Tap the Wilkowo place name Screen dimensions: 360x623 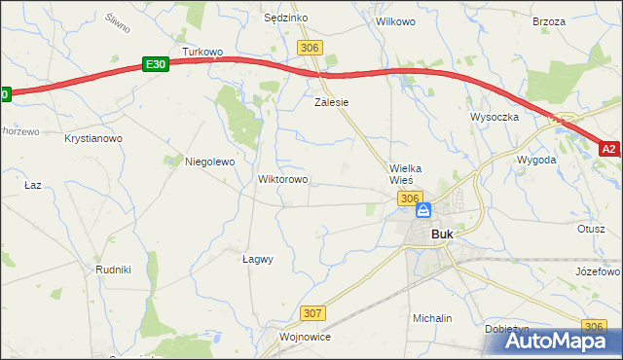pyautogui.click(x=395, y=20)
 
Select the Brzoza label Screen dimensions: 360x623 pyautogui.click(x=549, y=20)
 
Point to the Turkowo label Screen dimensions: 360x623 pyautogui.click(x=203, y=52)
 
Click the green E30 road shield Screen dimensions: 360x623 pyautogui.click(x=155, y=63)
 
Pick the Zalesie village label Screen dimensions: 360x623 pyautogui.click(x=331, y=101)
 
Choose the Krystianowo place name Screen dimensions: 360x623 pyautogui.click(x=93, y=139)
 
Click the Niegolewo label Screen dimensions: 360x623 pyautogui.click(x=210, y=162)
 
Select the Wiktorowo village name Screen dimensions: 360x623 pyautogui.click(x=282, y=180)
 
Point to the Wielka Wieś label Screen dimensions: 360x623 pyautogui.click(x=410, y=174)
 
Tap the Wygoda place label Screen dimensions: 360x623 pyautogui.click(x=536, y=159)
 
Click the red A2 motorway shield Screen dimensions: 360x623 pyautogui.click(x=608, y=149)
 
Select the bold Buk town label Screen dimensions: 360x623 pyautogui.click(x=442, y=234)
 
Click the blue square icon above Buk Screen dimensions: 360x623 pyautogui.click(x=423, y=210)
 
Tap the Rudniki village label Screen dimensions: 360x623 pyautogui.click(x=113, y=270)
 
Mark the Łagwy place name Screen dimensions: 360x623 pyautogui.click(x=257, y=260)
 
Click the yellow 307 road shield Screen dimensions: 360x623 pyautogui.click(x=312, y=313)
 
